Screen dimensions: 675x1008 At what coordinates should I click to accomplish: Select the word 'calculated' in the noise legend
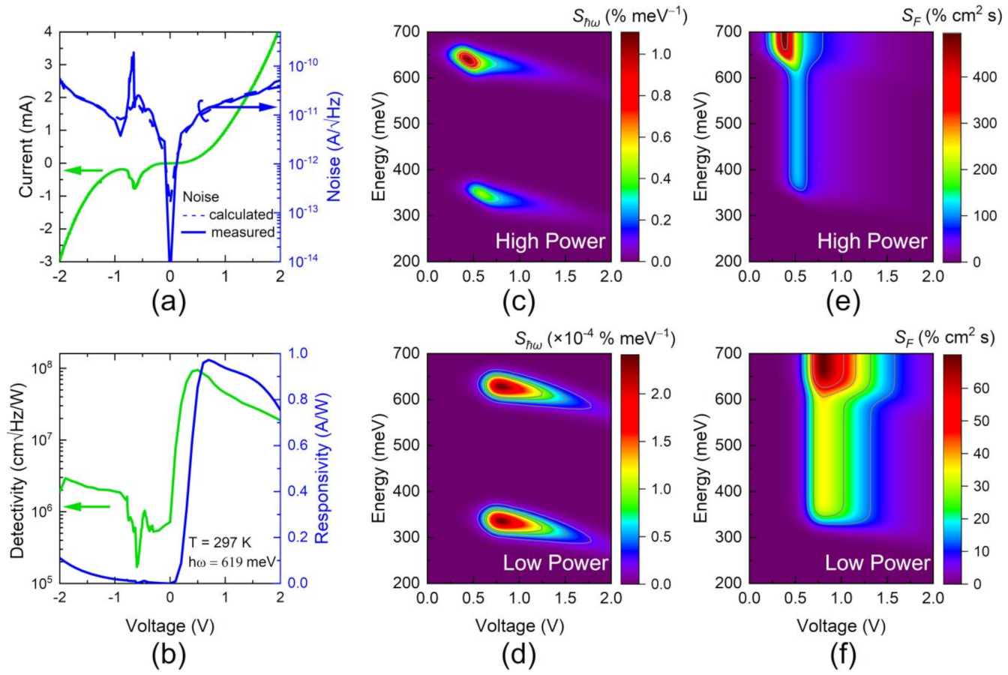pyautogui.click(x=242, y=214)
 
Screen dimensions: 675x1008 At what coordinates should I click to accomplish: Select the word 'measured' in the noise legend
pyautogui.click(x=242, y=232)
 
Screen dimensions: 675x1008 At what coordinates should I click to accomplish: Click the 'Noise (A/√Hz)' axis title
pyautogui.click(x=334, y=147)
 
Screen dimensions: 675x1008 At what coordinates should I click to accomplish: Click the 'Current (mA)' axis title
pyautogui.click(x=26, y=147)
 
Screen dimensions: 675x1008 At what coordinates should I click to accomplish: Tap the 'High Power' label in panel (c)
pyautogui.click(x=550, y=241)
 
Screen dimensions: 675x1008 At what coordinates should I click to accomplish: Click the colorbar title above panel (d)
pyautogui.click(x=595, y=339)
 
